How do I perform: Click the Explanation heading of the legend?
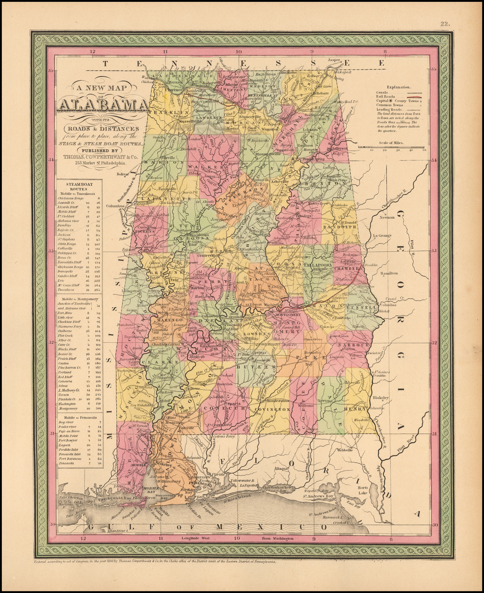tap(398, 87)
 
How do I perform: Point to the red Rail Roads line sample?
tap(412, 96)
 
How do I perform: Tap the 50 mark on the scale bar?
tap(424, 150)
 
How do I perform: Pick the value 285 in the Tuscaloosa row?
tap(98, 290)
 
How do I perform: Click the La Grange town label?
tap(382, 235)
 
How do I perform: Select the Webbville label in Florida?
tap(345, 450)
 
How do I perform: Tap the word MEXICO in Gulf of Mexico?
tap(279, 526)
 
